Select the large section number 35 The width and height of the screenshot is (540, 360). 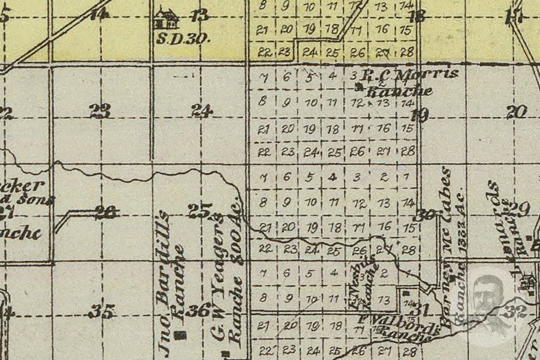[x=102, y=311]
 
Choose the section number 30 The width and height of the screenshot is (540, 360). [x=425, y=215]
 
